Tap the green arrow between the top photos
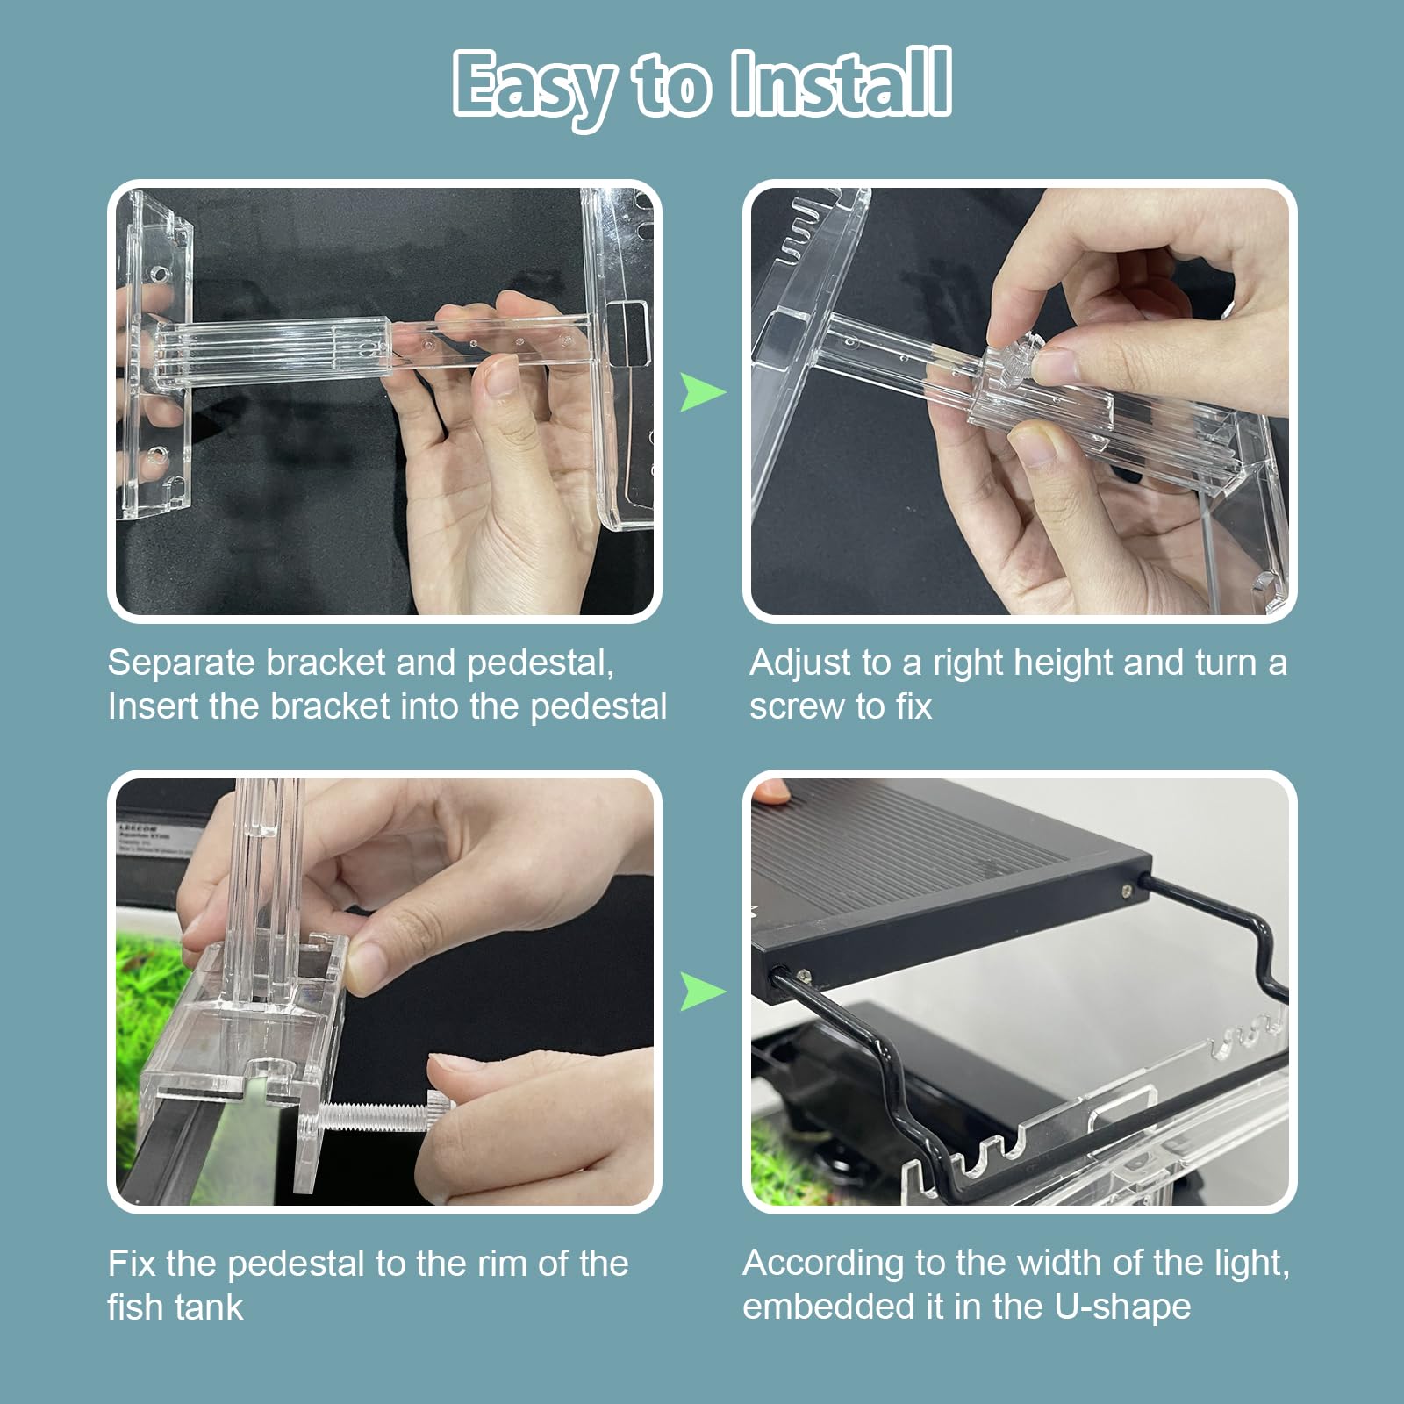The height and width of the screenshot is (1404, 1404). (x=702, y=391)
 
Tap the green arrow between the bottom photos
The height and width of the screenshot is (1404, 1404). (x=702, y=992)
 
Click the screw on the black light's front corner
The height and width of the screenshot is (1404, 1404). (x=1127, y=892)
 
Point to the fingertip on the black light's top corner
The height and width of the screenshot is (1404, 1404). (x=770, y=792)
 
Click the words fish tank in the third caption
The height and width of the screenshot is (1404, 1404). (x=175, y=1308)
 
